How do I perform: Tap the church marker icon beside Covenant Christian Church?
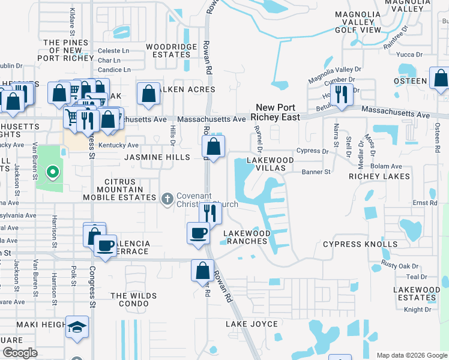[x=168, y=197]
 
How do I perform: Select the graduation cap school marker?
[x=77, y=327]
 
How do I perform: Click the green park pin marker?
[x=52, y=173]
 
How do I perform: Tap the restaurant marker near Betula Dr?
[x=342, y=95]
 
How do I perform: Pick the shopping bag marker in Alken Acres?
[x=148, y=94]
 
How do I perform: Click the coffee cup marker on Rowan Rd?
[x=198, y=233]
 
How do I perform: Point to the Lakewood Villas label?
[x=271, y=164]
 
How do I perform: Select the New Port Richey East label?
[x=275, y=112]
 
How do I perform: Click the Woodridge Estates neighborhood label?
[x=172, y=50]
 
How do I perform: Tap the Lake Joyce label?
[x=252, y=324]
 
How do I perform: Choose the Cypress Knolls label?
[x=360, y=244]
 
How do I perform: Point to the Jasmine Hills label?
[x=157, y=157]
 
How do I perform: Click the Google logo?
[x=20, y=353]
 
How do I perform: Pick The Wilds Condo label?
[x=133, y=299]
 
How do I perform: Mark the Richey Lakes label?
[x=379, y=176]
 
